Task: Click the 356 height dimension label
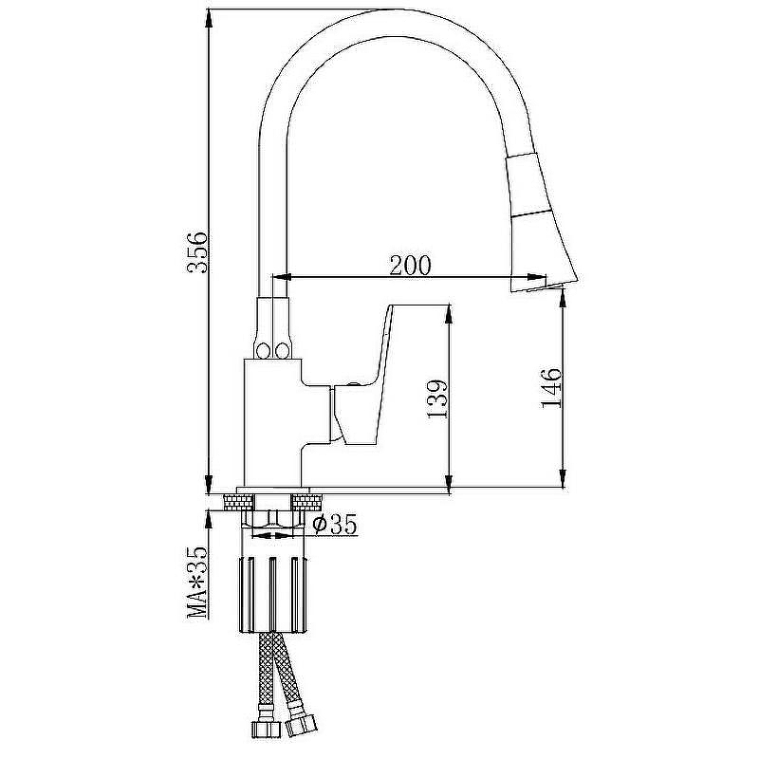[x=198, y=251]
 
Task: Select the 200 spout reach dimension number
[x=410, y=265]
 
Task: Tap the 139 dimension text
[x=438, y=398]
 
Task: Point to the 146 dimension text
[x=551, y=387]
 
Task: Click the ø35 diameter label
[x=335, y=524]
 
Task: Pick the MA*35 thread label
[x=197, y=582]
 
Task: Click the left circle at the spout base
[x=264, y=350]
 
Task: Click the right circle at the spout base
[x=281, y=350]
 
